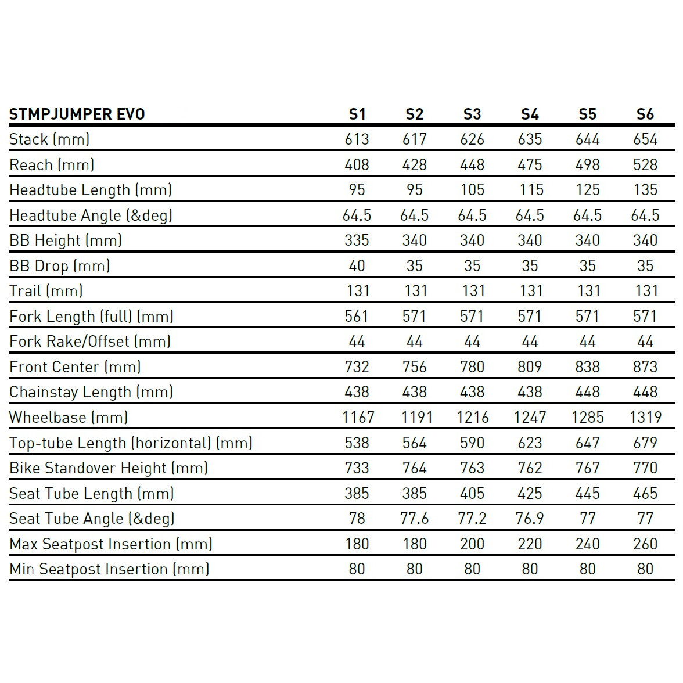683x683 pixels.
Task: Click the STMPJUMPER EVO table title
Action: [x=77, y=114]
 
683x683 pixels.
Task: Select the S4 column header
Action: [x=530, y=114]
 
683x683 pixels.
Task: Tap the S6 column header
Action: [x=645, y=114]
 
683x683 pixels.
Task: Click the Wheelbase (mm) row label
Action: [x=69, y=418]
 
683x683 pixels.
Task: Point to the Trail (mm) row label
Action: [x=46, y=291]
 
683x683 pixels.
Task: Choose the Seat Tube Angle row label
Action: [x=92, y=519]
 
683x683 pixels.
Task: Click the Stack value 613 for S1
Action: [x=357, y=139]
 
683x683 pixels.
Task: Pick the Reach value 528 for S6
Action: [x=645, y=165]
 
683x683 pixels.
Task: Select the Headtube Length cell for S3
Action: [x=472, y=190]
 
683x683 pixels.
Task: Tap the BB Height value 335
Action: [x=357, y=240]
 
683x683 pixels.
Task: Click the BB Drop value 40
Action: [x=357, y=266]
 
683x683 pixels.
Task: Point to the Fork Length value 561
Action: [x=357, y=317]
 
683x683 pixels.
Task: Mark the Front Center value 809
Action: [x=530, y=367]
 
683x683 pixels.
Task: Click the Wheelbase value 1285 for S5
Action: [x=587, y=418]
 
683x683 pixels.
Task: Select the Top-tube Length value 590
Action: [x=472, y=443]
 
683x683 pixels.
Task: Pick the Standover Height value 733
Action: [x=357, y=468]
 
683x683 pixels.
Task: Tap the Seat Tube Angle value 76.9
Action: [x=530, y=519]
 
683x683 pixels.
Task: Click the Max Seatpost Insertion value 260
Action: [x=645, y=544]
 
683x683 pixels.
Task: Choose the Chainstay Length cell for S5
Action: [x=587, y=392]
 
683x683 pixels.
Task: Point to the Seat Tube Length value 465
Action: [x=645, y=494]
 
